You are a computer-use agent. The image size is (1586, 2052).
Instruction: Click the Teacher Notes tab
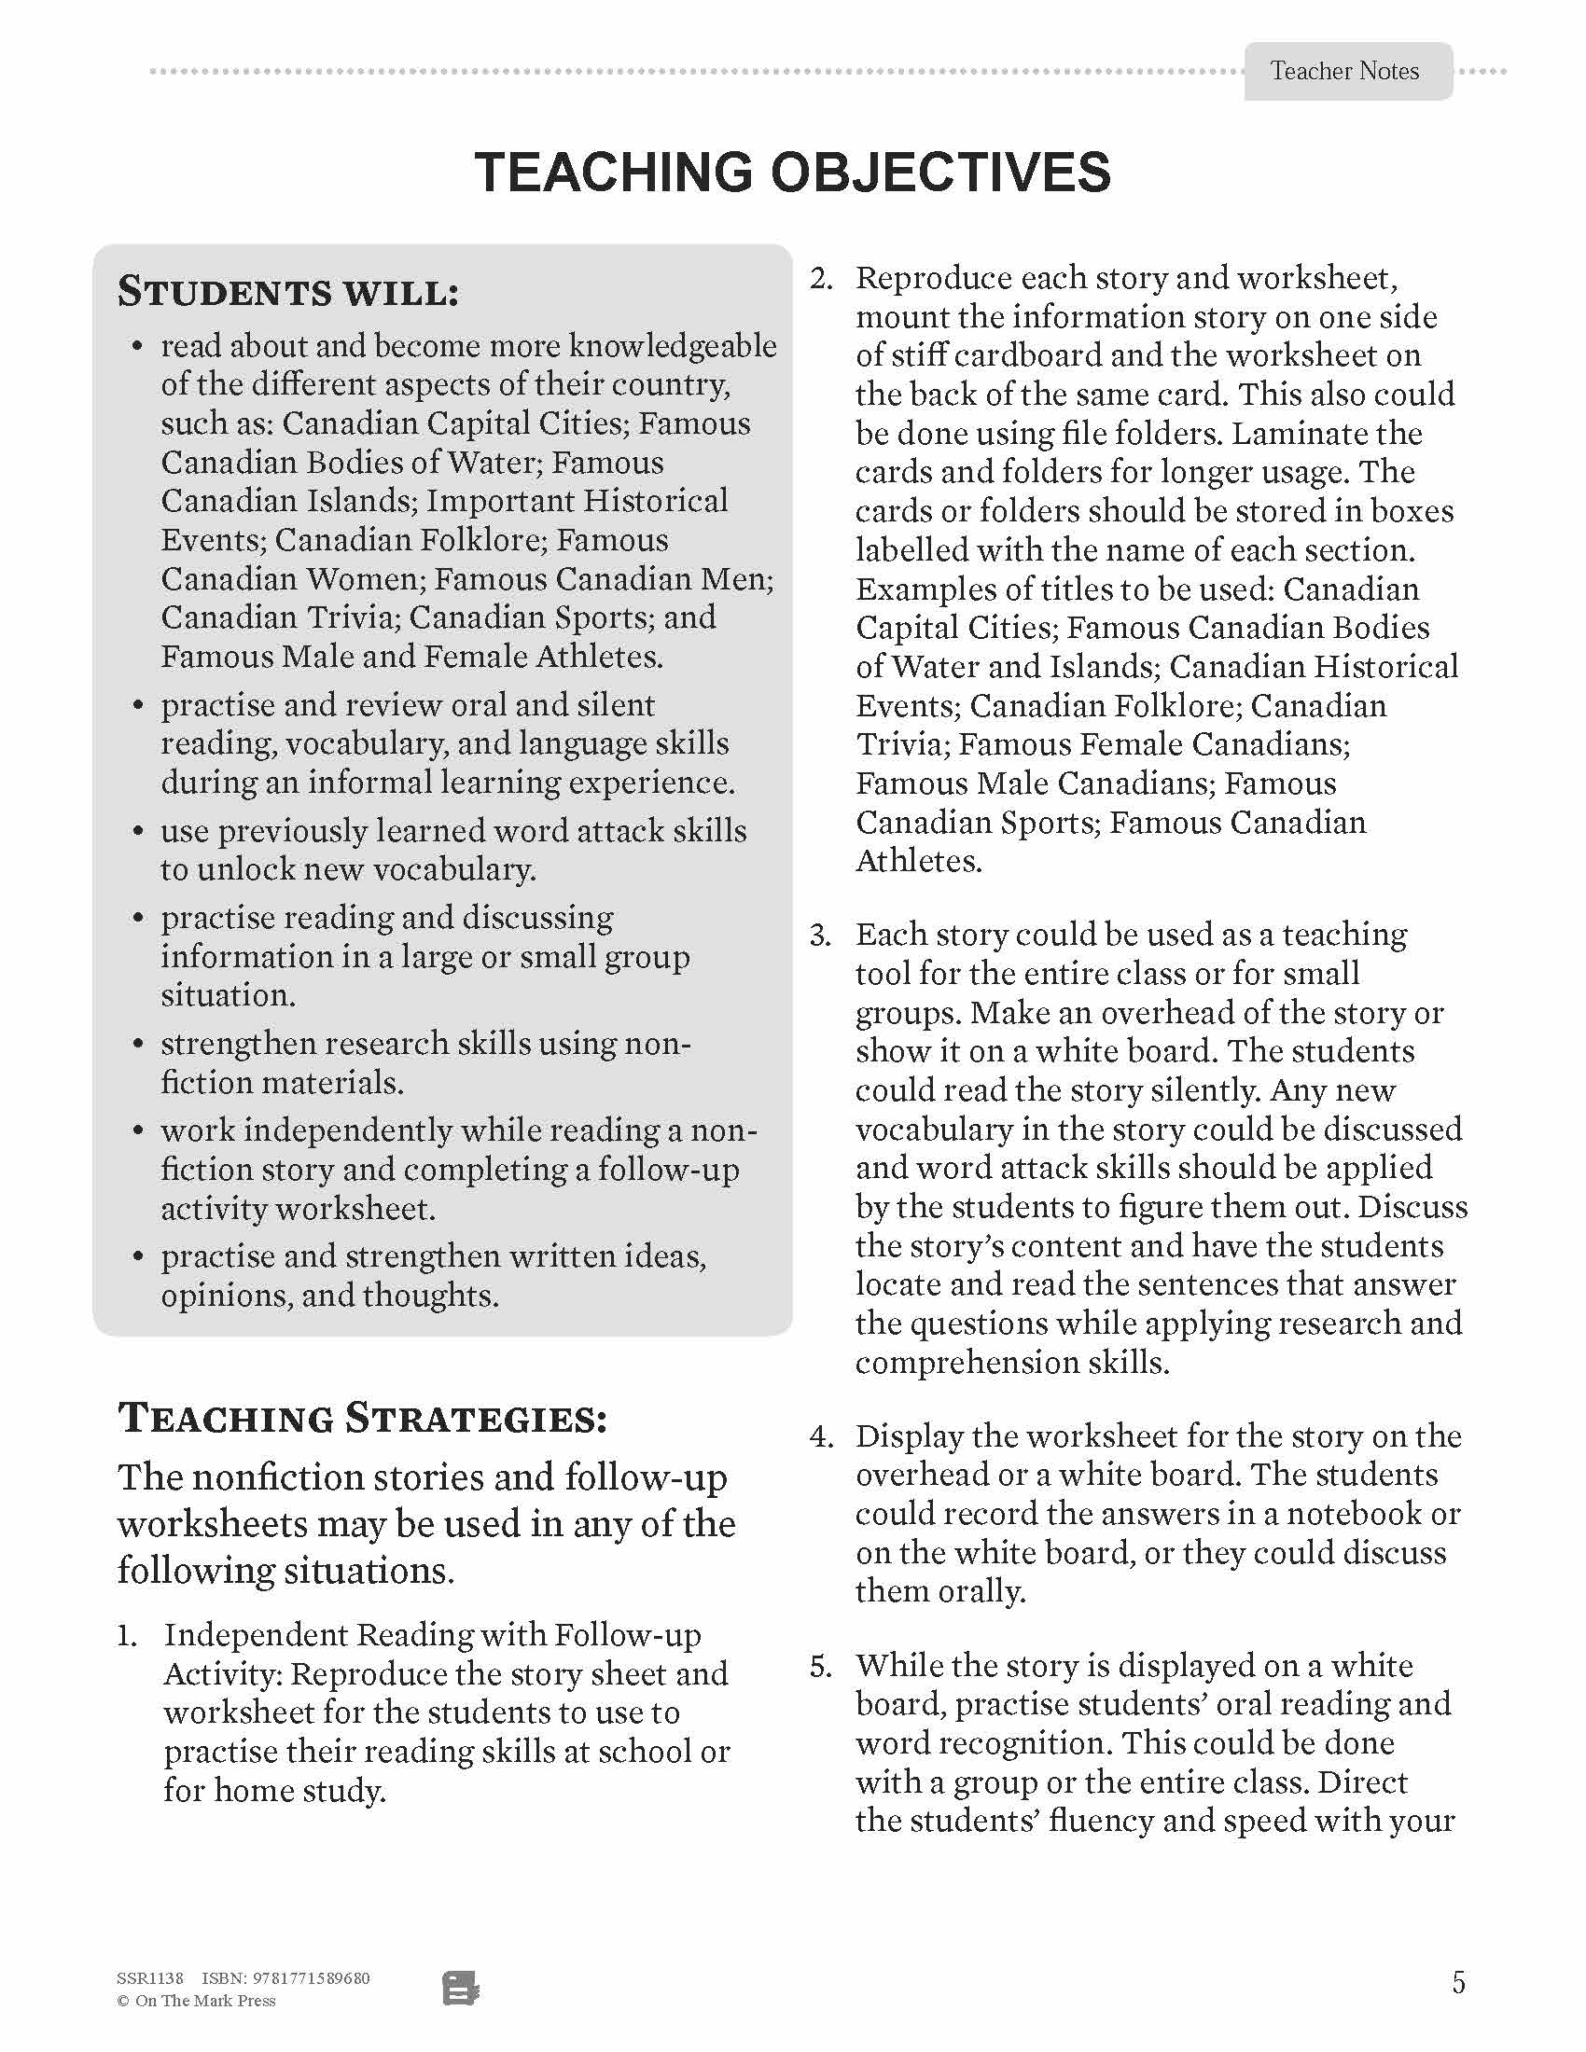1346,72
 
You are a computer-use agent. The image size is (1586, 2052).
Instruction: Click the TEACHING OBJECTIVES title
792,172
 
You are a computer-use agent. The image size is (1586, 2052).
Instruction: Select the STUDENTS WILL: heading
287,292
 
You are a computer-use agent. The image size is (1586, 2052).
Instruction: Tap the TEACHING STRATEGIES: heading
362,1418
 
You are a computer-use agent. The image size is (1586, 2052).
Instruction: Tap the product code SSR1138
150,1977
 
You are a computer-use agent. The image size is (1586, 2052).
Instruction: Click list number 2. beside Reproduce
821,279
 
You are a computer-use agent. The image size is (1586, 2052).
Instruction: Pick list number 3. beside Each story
821,936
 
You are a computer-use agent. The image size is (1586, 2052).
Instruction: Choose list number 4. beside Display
821,1437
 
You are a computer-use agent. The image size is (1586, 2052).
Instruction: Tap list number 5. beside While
821,1667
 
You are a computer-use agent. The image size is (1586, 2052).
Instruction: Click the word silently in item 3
1188,1091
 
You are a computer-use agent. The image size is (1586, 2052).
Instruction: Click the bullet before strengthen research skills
138,1045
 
